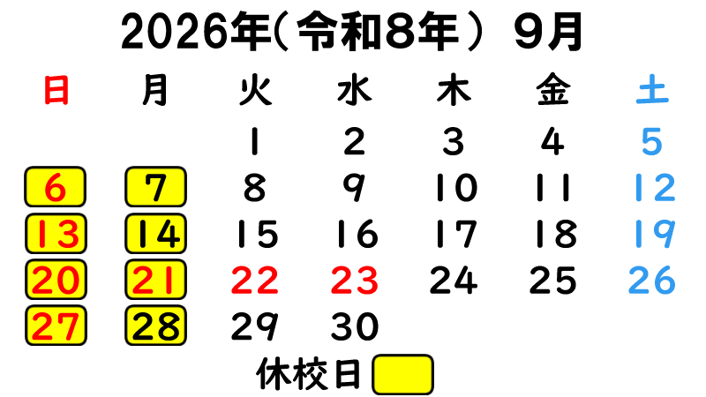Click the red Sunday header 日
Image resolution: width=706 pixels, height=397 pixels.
[56, 90]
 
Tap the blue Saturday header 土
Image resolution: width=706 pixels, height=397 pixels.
[652, 90]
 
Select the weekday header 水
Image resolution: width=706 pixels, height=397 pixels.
[355, 90]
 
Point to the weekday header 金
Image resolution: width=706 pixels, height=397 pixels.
[553, 90]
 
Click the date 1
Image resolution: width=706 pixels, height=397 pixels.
[255, 141]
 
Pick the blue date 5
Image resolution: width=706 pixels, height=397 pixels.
[652, 141]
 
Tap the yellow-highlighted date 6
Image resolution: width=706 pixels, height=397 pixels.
[56, 187]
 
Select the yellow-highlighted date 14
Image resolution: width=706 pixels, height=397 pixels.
[156, 234]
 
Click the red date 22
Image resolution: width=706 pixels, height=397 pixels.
[255, 280]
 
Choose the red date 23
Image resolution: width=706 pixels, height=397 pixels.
[355, 280]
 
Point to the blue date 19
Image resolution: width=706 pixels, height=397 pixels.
[654, 234]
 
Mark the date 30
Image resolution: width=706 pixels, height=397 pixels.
[355, 326]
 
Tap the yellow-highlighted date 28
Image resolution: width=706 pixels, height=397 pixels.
[156, 326]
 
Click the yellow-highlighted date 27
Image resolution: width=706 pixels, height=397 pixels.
[56, 326]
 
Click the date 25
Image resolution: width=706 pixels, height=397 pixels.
[553, 280]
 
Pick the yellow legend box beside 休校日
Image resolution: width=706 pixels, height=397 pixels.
[403, 374]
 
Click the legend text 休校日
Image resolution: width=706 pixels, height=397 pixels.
[308, 374]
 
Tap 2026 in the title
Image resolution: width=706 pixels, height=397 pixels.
[176, 32]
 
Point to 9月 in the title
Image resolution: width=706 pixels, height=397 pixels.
[549, 32]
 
